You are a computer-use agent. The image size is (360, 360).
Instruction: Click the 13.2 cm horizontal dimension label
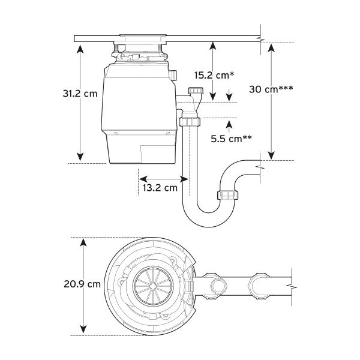pyautogui.click(x=160, y=187)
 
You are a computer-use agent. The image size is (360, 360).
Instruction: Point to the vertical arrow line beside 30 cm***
pyautogui.click(x=271, y=126)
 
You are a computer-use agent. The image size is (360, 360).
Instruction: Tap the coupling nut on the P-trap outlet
pyautogui.click(x=229, y=195)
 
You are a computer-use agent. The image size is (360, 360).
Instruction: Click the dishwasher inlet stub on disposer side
pyautogui.click(x=174, y=76)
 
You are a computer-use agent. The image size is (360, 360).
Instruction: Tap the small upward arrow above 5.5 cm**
pyautogui.click(x=229, y=126)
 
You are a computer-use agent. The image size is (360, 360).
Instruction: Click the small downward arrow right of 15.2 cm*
pyautogui.click(x=229, y=95)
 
